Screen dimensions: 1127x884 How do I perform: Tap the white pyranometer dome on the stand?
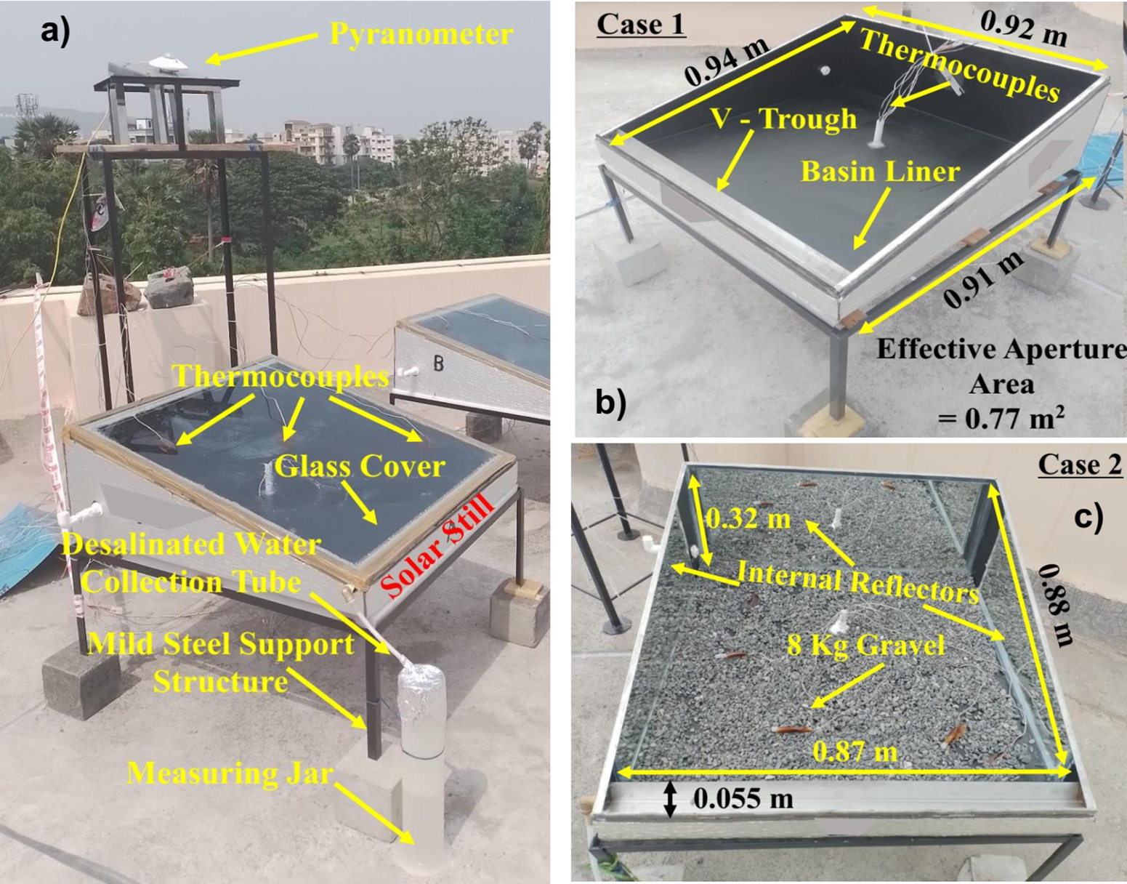[168, 63]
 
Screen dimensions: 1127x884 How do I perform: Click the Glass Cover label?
[360, 467]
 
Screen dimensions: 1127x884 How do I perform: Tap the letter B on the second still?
[439, 363]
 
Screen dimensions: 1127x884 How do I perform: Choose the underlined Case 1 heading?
[642, 25]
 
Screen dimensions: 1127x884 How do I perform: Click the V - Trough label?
[783, 120]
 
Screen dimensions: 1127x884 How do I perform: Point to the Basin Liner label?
[880, 172]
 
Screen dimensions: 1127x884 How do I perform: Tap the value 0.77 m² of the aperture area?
[1001, 419]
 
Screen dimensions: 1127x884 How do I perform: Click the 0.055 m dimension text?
[743, 799]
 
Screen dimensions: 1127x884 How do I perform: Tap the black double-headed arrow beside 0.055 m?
[671, 800]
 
